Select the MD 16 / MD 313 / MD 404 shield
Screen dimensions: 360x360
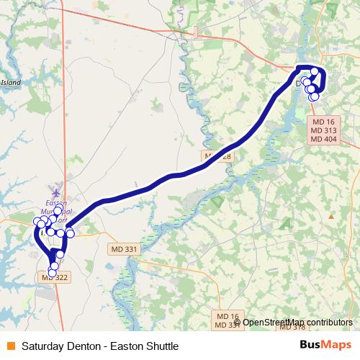pyautogui.click(x=323, y=130)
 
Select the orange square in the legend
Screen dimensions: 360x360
pyautogui.click(x=10, y=346)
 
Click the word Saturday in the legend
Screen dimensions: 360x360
pyautogui.click(x=42, y=346)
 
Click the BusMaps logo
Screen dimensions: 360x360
pyautogui.click(x=325, y=346)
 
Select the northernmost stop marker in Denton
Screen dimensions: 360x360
pyautogui.click(x=315, y=71)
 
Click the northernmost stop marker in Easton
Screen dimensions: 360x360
pyautogui.click(x=58, y=211)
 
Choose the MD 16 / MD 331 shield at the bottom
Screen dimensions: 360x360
pyautogui.click(x=228, y=320)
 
